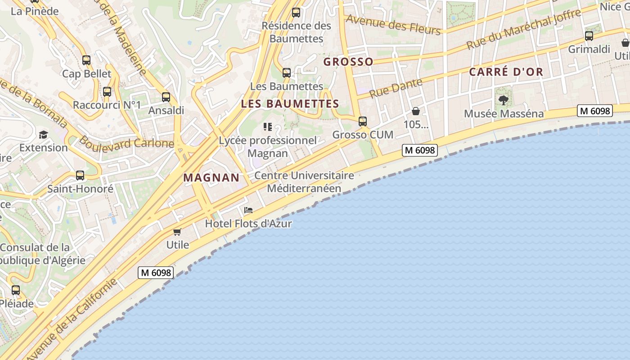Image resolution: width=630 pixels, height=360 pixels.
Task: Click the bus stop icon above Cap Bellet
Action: [86, 60]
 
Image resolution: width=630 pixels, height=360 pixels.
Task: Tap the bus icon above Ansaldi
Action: [166, 97]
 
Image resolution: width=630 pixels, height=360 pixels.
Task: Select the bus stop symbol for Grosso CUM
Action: [363, 121]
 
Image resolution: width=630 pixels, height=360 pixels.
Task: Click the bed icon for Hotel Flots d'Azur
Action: [248, 210]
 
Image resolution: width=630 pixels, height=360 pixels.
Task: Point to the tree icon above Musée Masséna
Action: [504, 100]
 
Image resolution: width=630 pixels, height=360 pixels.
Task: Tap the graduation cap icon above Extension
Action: [43, 135]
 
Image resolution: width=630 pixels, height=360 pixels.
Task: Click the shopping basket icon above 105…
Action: [416, 111]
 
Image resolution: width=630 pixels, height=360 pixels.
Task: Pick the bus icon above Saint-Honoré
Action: [80, 175]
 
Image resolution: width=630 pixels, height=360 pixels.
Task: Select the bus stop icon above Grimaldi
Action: [589, 36]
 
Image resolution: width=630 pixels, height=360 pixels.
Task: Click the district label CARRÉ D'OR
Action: [506, 72]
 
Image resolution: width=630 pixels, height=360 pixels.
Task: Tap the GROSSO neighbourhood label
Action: [349, 62]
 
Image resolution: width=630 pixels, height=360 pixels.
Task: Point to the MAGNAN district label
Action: [211, 178]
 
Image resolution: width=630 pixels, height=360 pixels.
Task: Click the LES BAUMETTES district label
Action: [290, 104]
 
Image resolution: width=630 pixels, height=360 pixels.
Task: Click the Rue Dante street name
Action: [396, 88]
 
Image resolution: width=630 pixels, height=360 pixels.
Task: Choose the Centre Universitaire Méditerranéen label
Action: [304, 182]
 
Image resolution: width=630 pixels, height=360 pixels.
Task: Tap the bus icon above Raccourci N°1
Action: [107, 92]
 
